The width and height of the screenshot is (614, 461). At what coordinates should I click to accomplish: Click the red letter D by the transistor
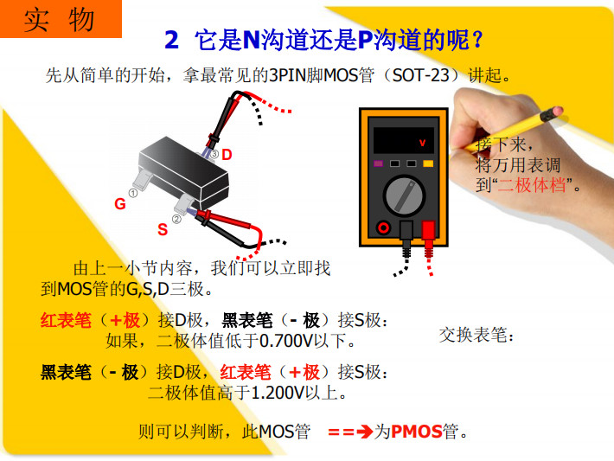tap(227, 155)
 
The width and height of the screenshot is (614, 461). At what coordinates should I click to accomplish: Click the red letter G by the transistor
tap(120, 203)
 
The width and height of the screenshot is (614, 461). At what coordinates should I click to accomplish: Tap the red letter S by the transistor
tap(163, 229)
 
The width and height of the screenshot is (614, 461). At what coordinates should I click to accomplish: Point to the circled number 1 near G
tap(133, 193)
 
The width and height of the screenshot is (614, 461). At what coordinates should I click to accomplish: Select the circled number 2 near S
tap(176, 220)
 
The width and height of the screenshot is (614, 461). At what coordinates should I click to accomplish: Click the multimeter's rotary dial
tap(403, 195)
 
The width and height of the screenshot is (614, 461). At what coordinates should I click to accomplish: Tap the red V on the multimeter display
tap(422, 143)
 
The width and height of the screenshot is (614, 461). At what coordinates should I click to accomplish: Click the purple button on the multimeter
tap(378, 163)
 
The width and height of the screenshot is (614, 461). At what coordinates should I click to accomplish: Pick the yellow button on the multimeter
tap(428, 163)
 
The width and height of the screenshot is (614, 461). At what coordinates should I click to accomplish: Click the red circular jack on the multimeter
tap(383, 227)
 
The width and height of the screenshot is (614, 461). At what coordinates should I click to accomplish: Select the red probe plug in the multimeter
tap(428, 235)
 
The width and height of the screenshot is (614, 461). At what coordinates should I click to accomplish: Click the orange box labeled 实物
tap(61, 19)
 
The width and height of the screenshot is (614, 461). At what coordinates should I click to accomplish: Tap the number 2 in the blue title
tap(171, 40)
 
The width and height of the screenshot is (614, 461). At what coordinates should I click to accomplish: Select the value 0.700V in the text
tap(286, 341)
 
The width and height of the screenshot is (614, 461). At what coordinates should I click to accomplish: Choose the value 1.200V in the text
tap(278, 393)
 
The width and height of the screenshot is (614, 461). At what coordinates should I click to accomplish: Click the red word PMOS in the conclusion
tap(417, 432)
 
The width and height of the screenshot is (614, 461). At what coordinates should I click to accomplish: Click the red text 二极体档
tap(531, 184)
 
